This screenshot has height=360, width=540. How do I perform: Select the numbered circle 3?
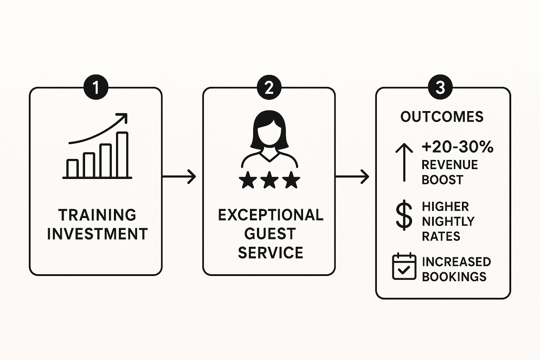point(440,88)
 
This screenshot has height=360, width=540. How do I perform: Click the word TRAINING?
point(97,215)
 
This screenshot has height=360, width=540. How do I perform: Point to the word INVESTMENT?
point(97,234)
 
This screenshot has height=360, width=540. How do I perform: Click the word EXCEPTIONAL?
point(270,215)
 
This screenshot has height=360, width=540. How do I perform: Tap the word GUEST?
point(270,234)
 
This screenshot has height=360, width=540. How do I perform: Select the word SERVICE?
point(270,253)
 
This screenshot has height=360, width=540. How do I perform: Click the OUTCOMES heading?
point(442,117)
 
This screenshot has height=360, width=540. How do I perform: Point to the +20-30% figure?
point(457,147)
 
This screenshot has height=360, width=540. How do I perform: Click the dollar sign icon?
point(404,215)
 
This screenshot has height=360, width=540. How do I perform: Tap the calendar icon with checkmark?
point(404,267)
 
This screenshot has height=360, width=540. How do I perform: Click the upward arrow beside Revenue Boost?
point(404,162)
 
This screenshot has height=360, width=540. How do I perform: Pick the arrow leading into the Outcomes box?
point(352,176)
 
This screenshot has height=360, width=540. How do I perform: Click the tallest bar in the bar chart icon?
point(122,155)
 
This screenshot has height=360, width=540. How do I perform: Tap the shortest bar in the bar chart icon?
point(72,168)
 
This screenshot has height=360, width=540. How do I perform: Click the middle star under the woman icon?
point(269,180)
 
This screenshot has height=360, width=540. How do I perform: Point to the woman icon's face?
point(269,133)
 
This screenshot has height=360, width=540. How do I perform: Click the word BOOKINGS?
point(454,277)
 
